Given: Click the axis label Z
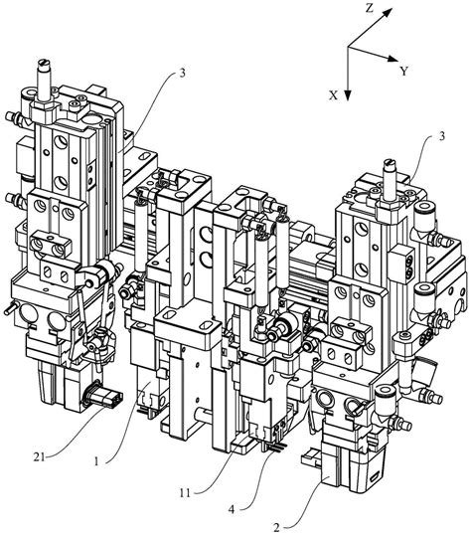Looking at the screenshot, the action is click(370, 8).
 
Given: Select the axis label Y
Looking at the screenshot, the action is click(404, 72).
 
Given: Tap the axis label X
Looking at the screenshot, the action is click(333, 95).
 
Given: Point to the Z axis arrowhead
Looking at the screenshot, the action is click(388, 12).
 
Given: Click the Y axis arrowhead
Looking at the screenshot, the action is click(393, 58).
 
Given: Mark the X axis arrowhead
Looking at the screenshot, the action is click(348, 95).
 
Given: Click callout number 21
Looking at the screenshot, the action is click(39, 456).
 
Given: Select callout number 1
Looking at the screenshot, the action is click(96, 461).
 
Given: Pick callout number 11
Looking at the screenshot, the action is click(185, 492).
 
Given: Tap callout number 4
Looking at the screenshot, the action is click(232, 510).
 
